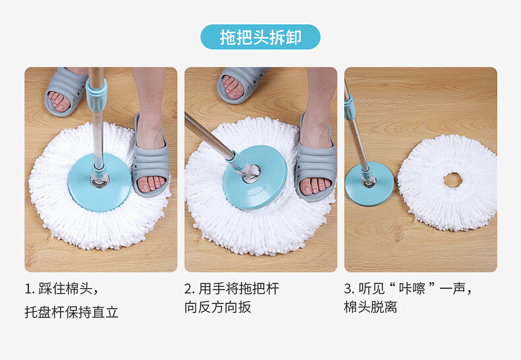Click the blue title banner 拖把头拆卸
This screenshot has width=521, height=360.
[260, 37]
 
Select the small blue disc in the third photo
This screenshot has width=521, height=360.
[369, 191]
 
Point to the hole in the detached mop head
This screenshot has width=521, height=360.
[452, 179]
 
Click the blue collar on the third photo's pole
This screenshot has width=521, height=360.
[349, 105]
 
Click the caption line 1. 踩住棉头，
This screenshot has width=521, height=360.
[62, 289]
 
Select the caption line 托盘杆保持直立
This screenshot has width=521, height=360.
[72, 312]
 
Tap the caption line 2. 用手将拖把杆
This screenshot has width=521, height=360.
[231, 289]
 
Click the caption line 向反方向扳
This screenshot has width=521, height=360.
[218, 307]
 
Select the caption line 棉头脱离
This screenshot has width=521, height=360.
[370, 307]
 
